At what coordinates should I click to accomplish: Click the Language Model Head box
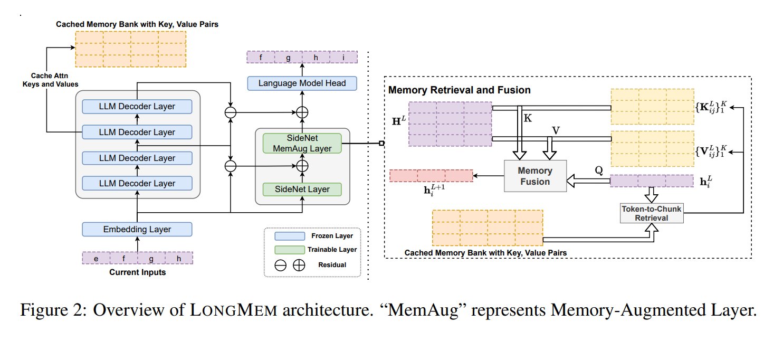[302, 83]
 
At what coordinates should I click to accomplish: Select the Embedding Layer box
[137, 230]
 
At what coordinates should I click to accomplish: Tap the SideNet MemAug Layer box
[302, 143]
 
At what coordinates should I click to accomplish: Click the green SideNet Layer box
[302, 189]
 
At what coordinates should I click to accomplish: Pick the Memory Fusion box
[534, 176]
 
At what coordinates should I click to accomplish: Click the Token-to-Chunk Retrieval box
[652, 213]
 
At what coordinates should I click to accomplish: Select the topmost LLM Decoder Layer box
[137, 106]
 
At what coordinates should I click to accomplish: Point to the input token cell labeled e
[96, 259]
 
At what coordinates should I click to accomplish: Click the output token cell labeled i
[343, 57]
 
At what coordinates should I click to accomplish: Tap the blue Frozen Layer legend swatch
[290, 236]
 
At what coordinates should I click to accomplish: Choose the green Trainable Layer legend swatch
[290, 250]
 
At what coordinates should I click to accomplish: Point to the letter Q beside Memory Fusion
[598, 170]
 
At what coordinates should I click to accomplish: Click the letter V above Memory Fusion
[555, 129]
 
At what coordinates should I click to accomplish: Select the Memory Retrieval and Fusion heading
[459, 90]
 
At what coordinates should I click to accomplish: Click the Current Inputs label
[137, 272]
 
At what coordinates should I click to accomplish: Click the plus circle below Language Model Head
[302, 112]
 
